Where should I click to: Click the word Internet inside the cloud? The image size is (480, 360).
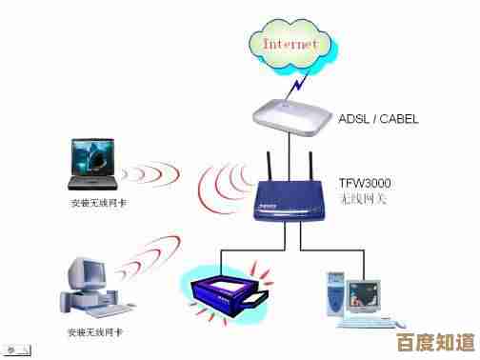[290, 43]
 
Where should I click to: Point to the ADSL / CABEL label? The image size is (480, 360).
[378, 119]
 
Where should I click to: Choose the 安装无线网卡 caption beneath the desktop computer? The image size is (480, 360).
[94, 332]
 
